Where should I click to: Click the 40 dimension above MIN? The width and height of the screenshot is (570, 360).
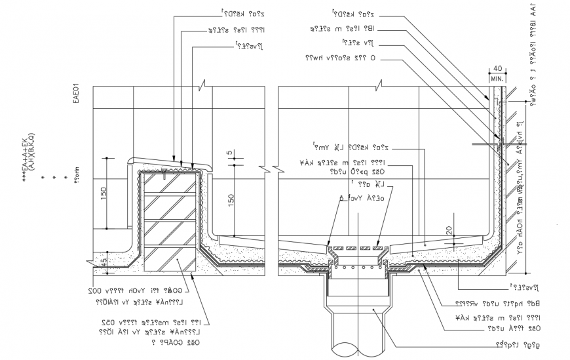(497, 68)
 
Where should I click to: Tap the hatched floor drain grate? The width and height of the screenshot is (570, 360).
(359, 249)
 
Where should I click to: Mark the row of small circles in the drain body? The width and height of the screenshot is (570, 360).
(359, 266)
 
